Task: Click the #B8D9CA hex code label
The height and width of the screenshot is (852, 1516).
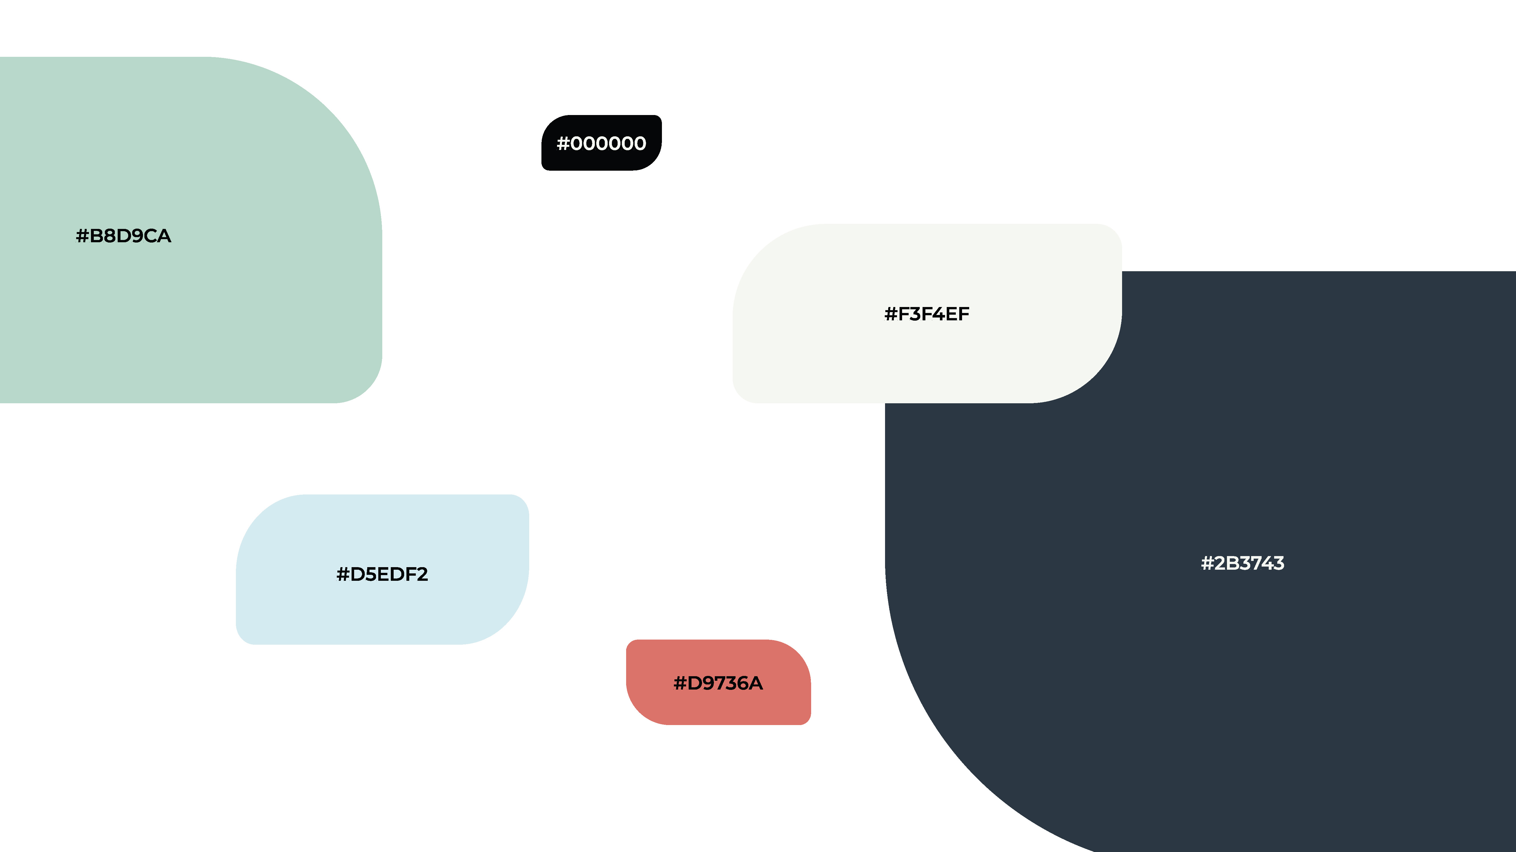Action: (124, 236)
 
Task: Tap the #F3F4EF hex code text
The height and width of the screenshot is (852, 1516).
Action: (927, 314)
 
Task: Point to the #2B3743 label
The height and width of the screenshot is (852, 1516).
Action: (1242, 563)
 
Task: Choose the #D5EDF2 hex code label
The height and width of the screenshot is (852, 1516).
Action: (382, 574)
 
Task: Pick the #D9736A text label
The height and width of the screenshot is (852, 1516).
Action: (718, 683)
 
